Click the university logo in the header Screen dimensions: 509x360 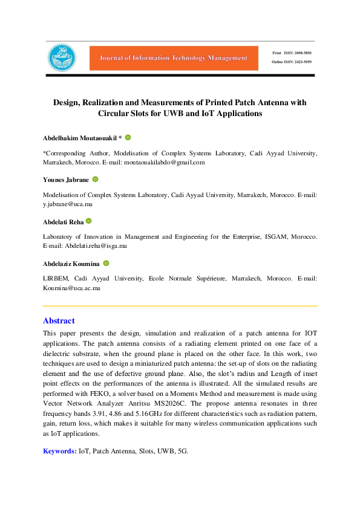click(63, 57)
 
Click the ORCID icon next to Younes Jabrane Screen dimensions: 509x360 click(95, 180)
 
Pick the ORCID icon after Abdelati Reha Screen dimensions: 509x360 click(89, 222)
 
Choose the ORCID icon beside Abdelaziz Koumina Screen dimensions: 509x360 click(106, 264)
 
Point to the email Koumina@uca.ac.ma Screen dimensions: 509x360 click(71, 289)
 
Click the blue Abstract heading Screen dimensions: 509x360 click(59, 321)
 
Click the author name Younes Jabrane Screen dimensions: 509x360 click(65, 180)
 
